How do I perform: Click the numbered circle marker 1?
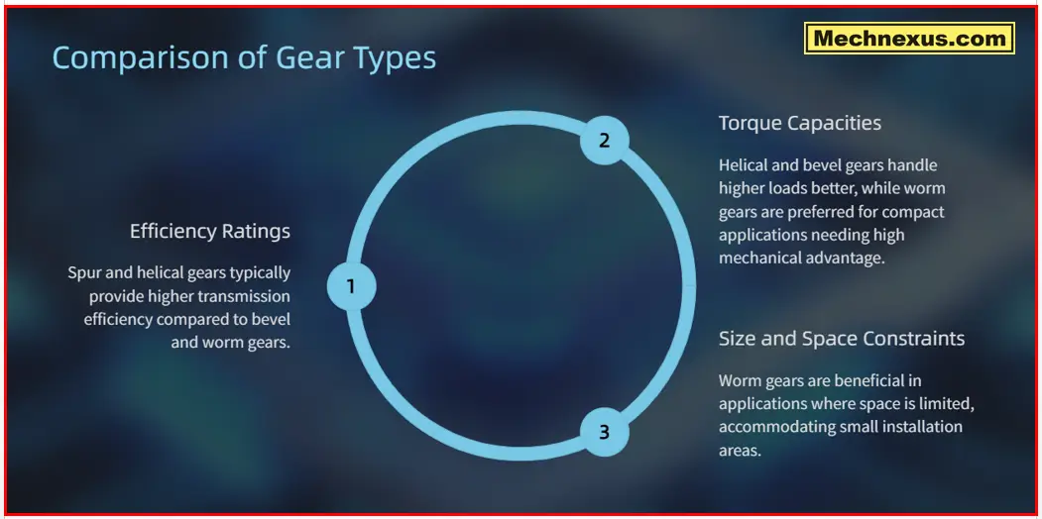point(350,286)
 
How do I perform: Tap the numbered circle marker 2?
point(604,141)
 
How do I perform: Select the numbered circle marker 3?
point(604,432)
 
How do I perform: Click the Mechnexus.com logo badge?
point(908,40)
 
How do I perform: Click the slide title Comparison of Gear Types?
point(244,57)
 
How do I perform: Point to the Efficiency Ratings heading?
point(210,232)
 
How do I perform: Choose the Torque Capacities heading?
point(799,123)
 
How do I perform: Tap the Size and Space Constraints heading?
point(841,339)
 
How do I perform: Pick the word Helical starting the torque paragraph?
point(745,165)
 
